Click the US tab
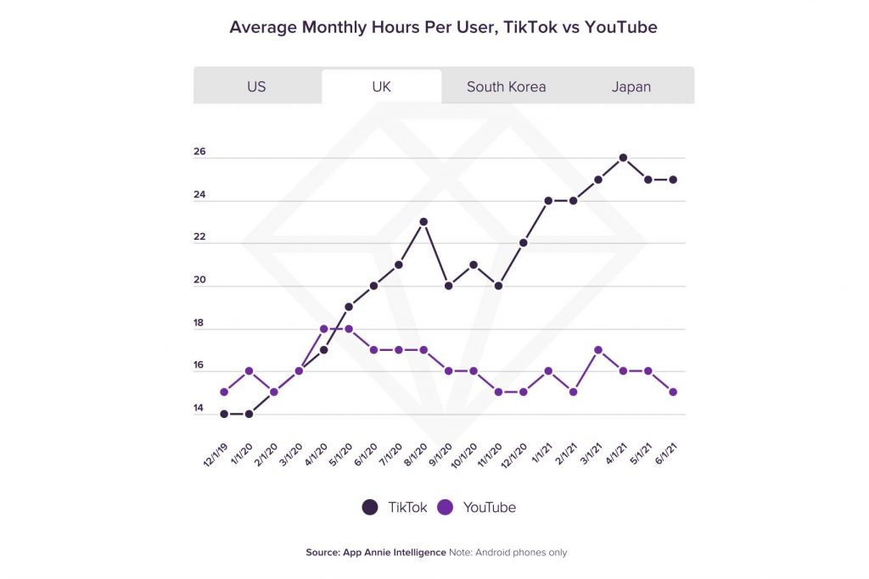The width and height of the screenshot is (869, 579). click(x=256, y=86)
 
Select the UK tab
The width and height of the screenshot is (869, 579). click(x=381, y=86)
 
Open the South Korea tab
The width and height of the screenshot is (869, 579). click(x=506, y=86)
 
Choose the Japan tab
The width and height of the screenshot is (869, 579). click(x=631, y=86)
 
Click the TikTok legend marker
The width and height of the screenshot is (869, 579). click(x=370, y=507)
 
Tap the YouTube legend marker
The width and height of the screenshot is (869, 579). click(x=446, y=507)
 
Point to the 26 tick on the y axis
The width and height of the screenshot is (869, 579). click(x=199, y=153)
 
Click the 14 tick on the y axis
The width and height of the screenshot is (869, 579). click(x=199, y=409)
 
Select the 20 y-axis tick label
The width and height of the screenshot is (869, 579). click(x=199, y=281)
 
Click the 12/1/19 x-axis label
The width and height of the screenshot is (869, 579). click(x=216, y=455)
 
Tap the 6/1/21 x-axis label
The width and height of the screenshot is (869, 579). click(x=665, y=455)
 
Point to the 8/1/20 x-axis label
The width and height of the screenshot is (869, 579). click(x=415, y=455)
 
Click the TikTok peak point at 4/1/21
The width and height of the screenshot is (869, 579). click(x=623, y=158)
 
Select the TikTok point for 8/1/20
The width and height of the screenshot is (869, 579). click(x=423, y=222)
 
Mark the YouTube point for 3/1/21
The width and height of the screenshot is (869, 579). click(x=598, y=350)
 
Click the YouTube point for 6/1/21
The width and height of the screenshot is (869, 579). click(x=673, y=392)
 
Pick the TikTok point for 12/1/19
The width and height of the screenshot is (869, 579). click(x=224, y=414)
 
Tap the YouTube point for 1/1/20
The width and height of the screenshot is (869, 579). click(x=249, y=371)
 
